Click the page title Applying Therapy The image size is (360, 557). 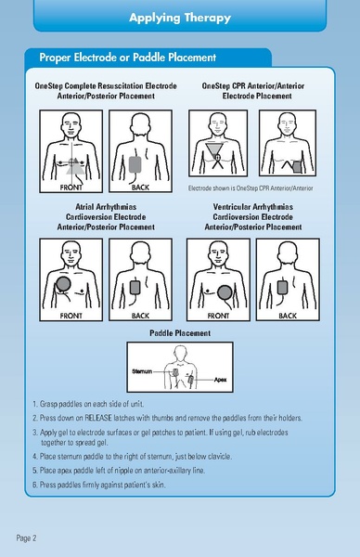(179, 18)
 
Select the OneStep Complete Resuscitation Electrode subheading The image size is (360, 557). (104, 85)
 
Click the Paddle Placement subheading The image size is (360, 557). (180, 331)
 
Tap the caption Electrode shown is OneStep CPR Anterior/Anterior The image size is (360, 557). (251, 188)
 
